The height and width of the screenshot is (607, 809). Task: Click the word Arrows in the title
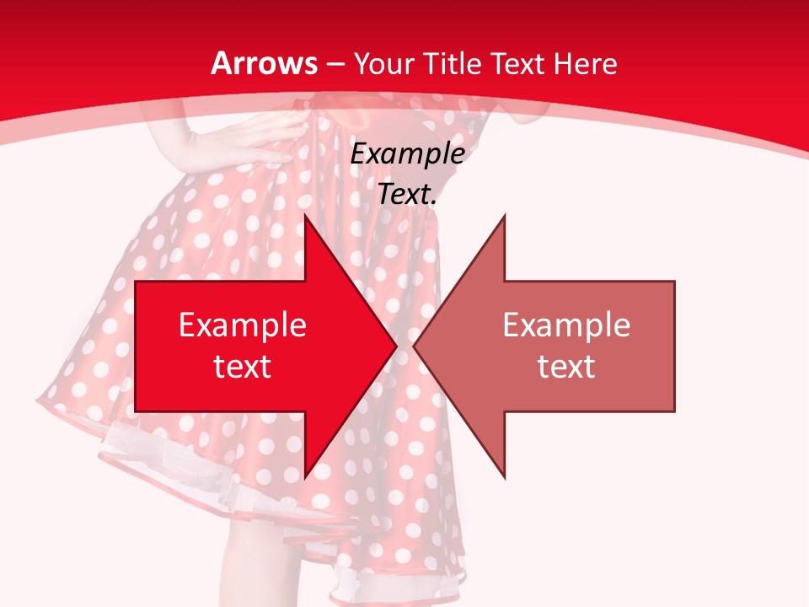pos(265,63)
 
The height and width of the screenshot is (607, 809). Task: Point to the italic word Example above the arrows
pos(408,153)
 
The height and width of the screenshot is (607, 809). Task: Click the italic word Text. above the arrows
pos(408,194)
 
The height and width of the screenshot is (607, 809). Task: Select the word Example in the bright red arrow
pos(243,325)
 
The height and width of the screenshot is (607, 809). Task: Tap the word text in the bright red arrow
pos(243,366)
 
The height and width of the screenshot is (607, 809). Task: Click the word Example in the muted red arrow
pos(566,325)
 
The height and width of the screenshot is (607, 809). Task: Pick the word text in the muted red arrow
pos(566,366)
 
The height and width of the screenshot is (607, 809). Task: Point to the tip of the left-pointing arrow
pos(415,346)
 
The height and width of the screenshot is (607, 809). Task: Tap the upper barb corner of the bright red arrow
pos(304,217)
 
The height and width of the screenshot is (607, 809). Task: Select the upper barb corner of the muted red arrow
pos(504,217)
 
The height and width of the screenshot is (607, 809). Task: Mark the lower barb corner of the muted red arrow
pos(504,477)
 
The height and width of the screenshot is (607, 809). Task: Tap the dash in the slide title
pos(334,64)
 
